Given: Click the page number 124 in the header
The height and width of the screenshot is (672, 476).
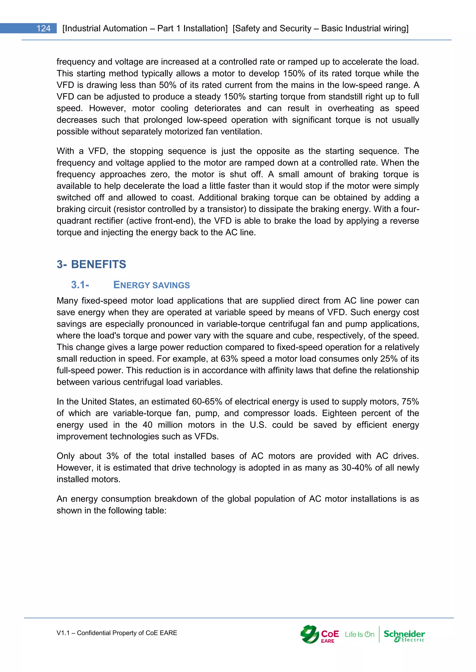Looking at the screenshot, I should tap(43, 28).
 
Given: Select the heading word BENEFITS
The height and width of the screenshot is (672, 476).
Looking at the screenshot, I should tap(99, 264).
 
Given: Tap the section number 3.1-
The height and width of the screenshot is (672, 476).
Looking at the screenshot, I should tap(80, 285).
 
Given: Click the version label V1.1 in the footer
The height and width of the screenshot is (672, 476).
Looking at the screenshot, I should tap(63, 633).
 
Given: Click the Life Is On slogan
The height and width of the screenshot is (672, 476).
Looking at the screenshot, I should tap(359, 635).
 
